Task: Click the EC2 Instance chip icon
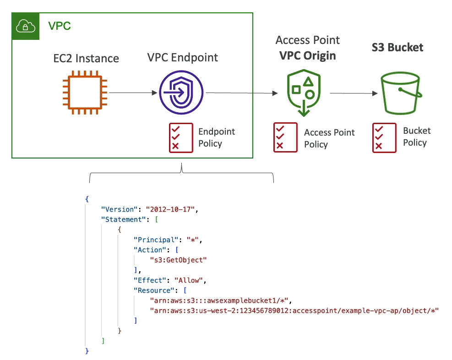pyautogui.click(x=85, y=92)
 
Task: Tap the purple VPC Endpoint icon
pyautogui.click(x=182, y=92)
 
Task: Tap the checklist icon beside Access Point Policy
pyautogui.click(x=285, y=137)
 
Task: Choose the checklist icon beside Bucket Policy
pyautogui.click(x=384, y=137)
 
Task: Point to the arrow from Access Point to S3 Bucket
pyautogui.click(x=353, y=93)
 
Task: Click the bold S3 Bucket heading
pyautogui.click(x=397, y=48)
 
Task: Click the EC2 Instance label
pyautogui.click(x=86, y=59)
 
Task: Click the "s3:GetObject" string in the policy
pyautogui.click(x=179, y=260)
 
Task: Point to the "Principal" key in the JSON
pyautogui.click(x=154, y=240)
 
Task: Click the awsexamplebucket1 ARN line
pyautogui.click(x=221, y=300)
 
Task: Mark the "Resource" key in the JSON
pyautogui.click(x=152, y=290)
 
